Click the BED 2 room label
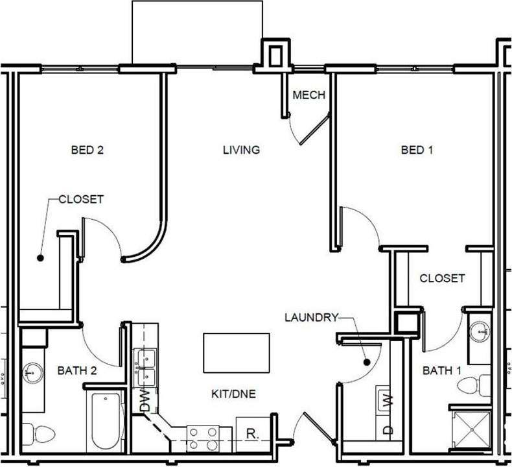87,150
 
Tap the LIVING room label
241,150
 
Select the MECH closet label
308,95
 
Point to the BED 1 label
417,150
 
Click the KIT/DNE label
233,393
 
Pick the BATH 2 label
77,371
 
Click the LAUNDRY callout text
311,317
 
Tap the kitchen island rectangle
237,353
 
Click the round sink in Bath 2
32,374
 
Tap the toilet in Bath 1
470,386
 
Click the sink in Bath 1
480,333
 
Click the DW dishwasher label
145,401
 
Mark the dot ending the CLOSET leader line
40,257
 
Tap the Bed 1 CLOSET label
442,278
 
